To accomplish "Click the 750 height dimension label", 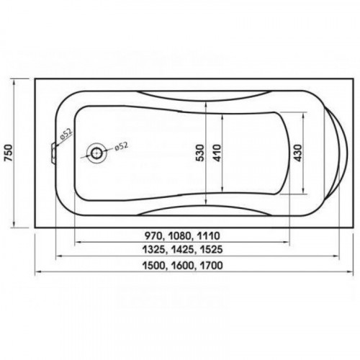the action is click(9, 153).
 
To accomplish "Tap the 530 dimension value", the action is click(200, 153).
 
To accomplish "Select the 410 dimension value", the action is click(217, 153).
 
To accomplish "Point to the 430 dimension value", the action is click(297, 153).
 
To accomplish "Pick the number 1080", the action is click(181, 236).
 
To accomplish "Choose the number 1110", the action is click(208, 236).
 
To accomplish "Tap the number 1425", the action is click(183, 250).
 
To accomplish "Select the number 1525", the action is click(210, 250).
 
